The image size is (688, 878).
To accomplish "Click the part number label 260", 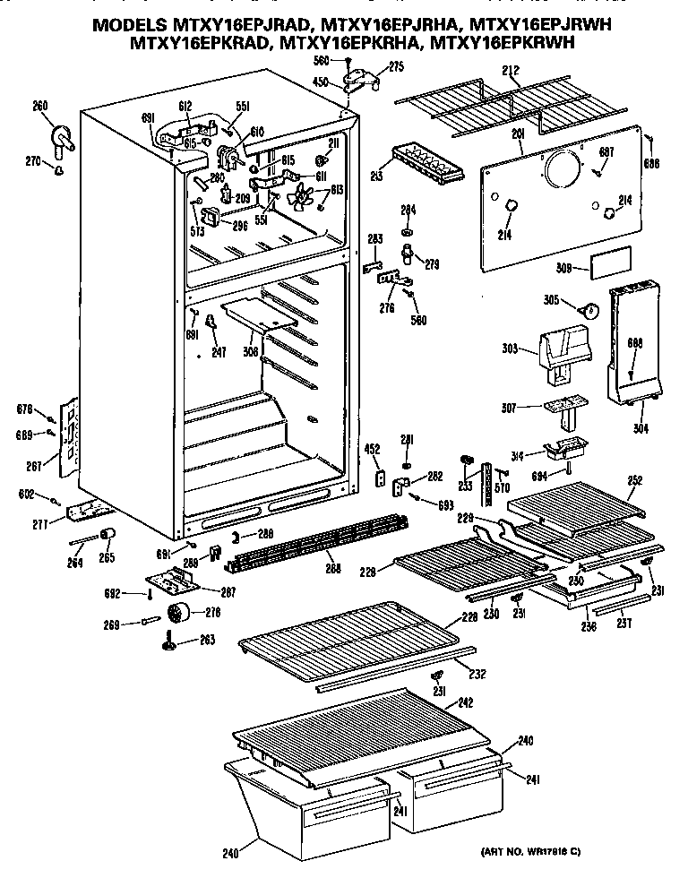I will pyautogui.click(x=39, y=107).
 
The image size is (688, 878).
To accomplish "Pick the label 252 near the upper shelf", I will pyautogui.click(x=634, y=480).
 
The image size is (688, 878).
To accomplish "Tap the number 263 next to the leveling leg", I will pyautogui.click(x=206, y=641).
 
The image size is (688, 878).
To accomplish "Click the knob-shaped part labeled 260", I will pyautogui.click(x=62, y=136).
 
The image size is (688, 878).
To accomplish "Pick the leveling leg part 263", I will pyautogui.click(x=168, y=643).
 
